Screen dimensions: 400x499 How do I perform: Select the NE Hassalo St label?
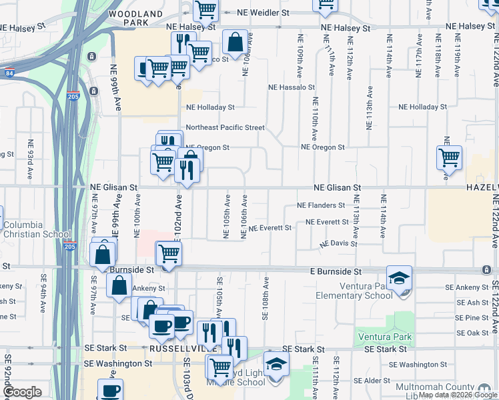click(x=291, y=87)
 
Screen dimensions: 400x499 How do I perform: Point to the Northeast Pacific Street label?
click(x=225, y=127)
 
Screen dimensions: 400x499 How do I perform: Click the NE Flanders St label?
click(x=321, y=205)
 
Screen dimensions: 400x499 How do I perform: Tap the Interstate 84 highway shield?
click(x=8, y=71)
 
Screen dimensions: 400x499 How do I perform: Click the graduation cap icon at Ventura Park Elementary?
click(x=400, y=277)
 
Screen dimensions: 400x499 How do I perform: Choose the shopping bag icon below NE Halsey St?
click(x=235, y=43)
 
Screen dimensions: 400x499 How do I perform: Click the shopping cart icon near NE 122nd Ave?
click(x=450, y=158)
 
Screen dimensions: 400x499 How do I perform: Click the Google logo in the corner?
click(x=23, y=392)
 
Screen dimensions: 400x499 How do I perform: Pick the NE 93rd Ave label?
click(x=30, y=160)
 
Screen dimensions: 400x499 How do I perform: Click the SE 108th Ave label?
click(x=266, y=298)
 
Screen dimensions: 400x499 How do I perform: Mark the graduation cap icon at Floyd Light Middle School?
click(x=275, y=364)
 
